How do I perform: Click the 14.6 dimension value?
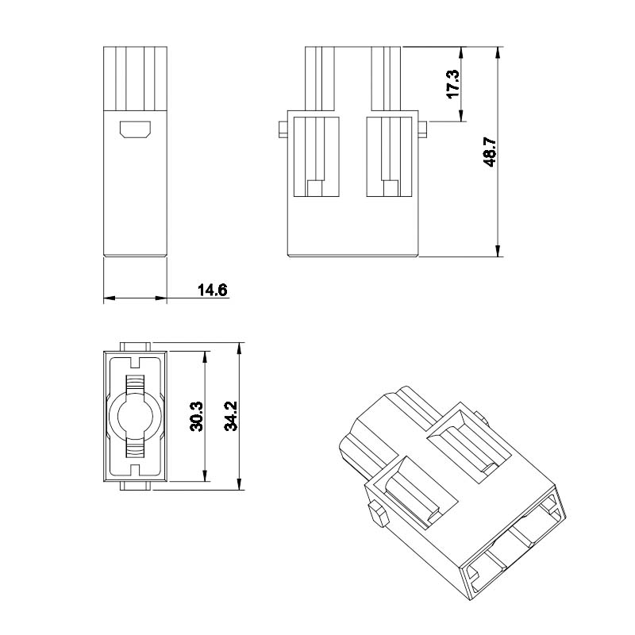[212, 290]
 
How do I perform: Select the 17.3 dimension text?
[452, 84]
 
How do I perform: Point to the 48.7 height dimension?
[490, 152]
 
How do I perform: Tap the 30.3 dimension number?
[197, 416]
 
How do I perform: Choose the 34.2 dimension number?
[231, 416]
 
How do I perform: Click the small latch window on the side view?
[135, 129]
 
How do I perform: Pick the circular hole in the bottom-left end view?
[135, 417]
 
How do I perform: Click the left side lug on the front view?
[283, 129]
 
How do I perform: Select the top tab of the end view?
[135, 347]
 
